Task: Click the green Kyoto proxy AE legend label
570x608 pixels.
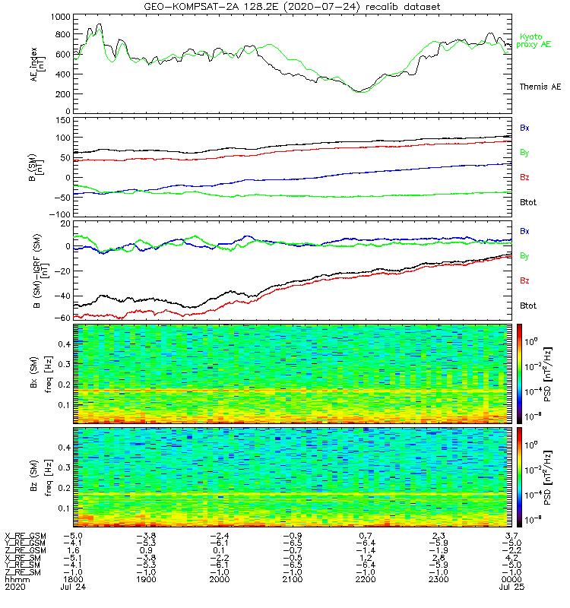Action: pyautogui.click(x=535, y=41)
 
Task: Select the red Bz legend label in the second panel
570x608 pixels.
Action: pyautogui.click(x=524, y=177)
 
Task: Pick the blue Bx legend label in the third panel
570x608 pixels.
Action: pyautogui.click(x=524, y=231)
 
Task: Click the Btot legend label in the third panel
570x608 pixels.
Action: pyautogui.click(x=527, y=305)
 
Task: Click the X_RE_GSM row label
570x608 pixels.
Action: pyautogui.click(x=25, y=536)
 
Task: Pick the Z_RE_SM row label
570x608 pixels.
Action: pyautogui.click(x=25, y=572)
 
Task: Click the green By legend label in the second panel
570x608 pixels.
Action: pyautogui.click(x=524, y=153)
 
